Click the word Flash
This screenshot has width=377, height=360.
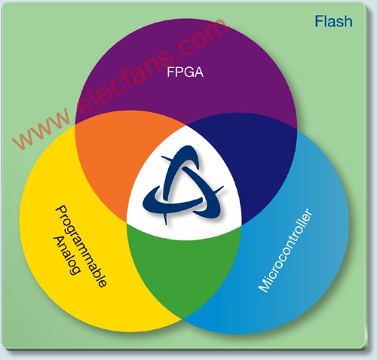coord(333,21)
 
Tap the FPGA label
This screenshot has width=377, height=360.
coord(185,72)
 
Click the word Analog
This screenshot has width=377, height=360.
coord(67,255)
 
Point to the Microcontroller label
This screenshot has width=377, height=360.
coord(286,250)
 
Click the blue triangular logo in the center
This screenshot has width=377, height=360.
coord(183,185)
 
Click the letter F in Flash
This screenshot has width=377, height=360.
coord(319,21)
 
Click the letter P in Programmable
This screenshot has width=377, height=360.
coord(60,211)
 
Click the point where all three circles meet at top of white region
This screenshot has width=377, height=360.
coord(186,125)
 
